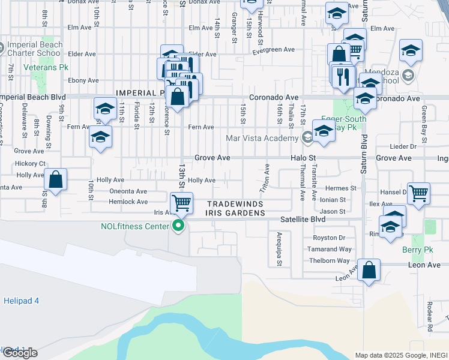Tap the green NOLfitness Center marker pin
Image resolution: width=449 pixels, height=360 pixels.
coord(178,226)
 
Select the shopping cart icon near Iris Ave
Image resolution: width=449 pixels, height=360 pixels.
coord(181,203)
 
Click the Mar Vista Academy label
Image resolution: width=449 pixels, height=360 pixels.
coord(262,138)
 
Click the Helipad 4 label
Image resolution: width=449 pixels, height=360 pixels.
coord(21,300)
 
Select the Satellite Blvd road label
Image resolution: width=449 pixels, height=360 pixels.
coord(303,220)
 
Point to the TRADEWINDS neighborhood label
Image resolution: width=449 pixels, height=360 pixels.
coord(236,204)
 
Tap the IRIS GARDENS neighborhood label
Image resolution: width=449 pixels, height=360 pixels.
coord(236,213)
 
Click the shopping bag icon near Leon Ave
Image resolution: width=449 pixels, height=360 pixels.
coord(369,271)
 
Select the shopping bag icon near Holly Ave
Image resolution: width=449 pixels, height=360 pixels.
coord(55,180)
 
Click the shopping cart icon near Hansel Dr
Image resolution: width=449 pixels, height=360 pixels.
coord(418,194)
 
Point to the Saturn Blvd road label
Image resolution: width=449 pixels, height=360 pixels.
coord(364,154)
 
